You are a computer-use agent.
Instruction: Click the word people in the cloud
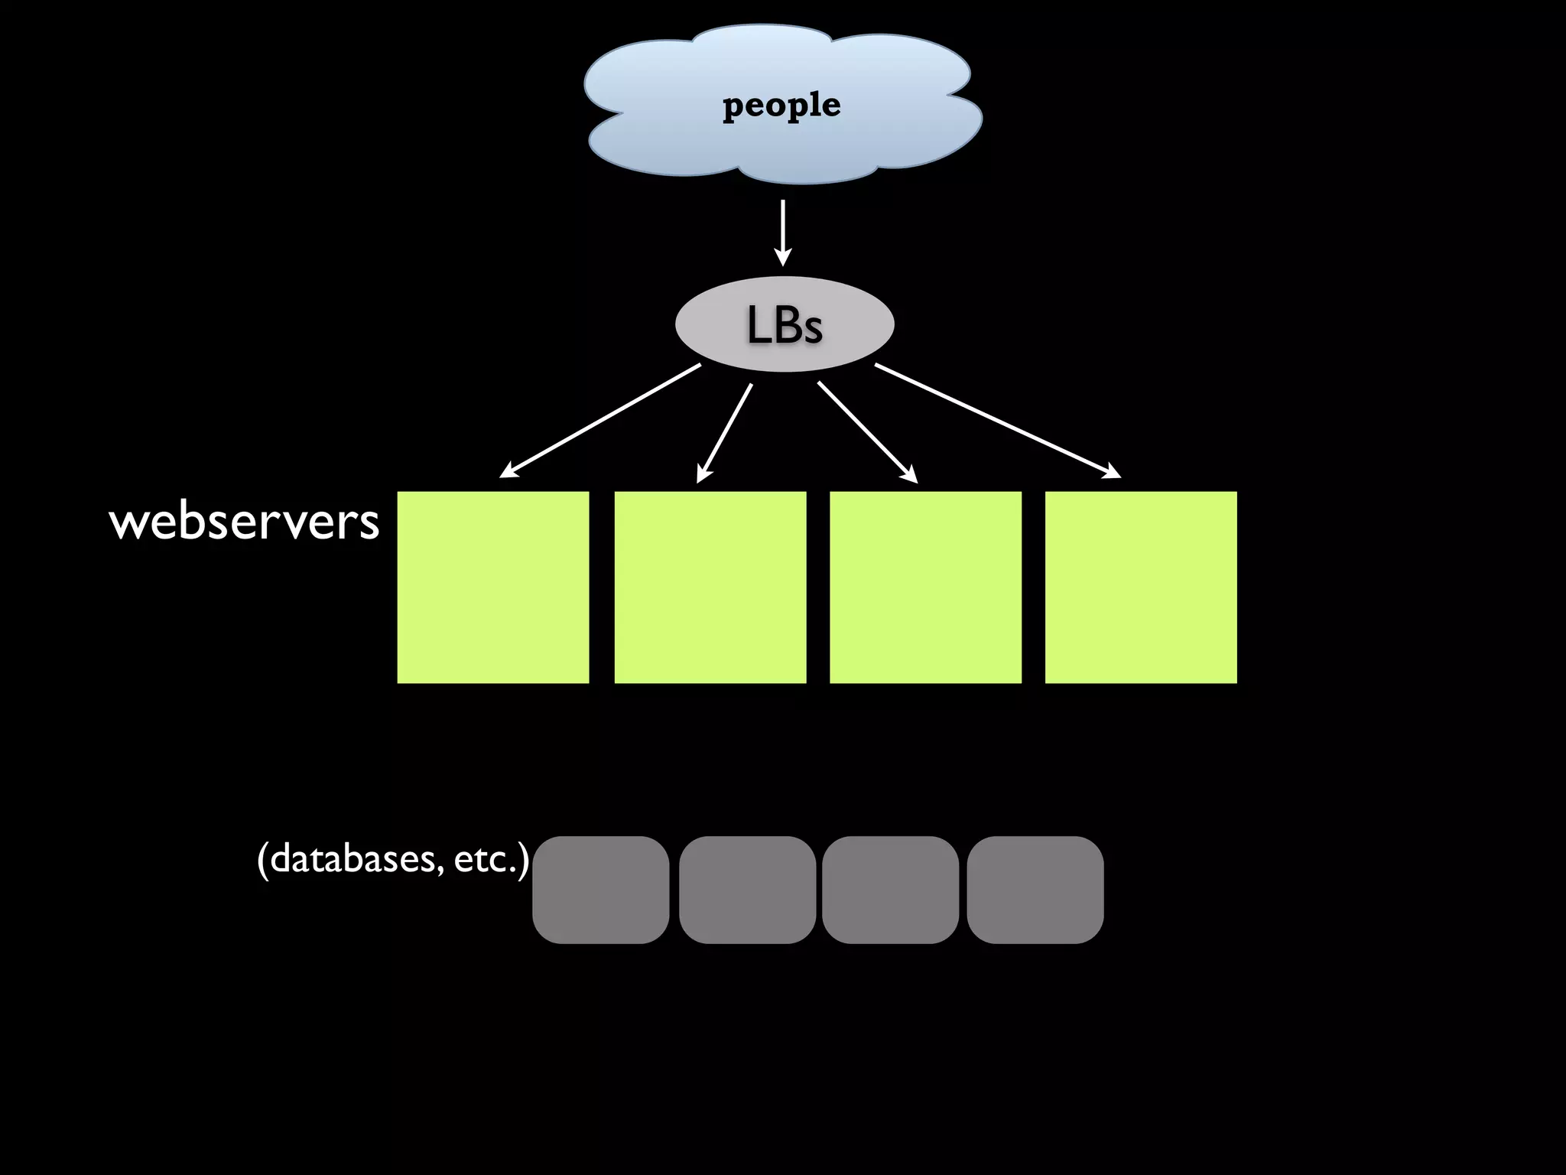point(781,106)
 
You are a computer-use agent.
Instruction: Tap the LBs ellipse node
point(785,324)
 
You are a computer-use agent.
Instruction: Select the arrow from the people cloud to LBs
point(782,229)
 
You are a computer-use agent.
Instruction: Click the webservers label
point(244,522)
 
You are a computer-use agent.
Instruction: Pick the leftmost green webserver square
point(493,587)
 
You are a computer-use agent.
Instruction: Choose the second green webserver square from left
point(710,587)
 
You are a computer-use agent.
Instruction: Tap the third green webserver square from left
point(925,587)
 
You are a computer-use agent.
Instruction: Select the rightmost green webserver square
point(1141,587)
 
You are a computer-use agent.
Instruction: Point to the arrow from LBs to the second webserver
point(725,433)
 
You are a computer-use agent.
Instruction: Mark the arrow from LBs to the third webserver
point(867,432)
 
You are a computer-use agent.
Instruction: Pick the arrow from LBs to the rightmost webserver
point(998,421)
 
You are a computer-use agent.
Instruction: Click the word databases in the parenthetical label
point(352,858)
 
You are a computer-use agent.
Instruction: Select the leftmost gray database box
point(601,890)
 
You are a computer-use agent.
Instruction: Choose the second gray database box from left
point(747,890)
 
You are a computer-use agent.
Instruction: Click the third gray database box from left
point(891,890)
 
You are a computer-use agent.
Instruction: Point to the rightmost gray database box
point(1035,890)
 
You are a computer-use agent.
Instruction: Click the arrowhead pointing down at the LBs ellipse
point(782,257)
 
